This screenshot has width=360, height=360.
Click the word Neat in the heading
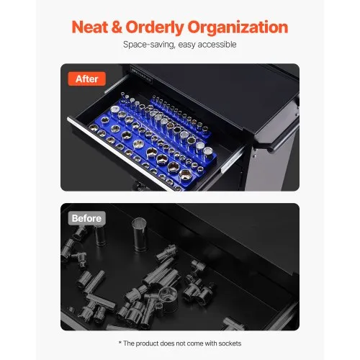tap(95, 28)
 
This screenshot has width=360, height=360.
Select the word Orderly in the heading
tap(167, 28)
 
